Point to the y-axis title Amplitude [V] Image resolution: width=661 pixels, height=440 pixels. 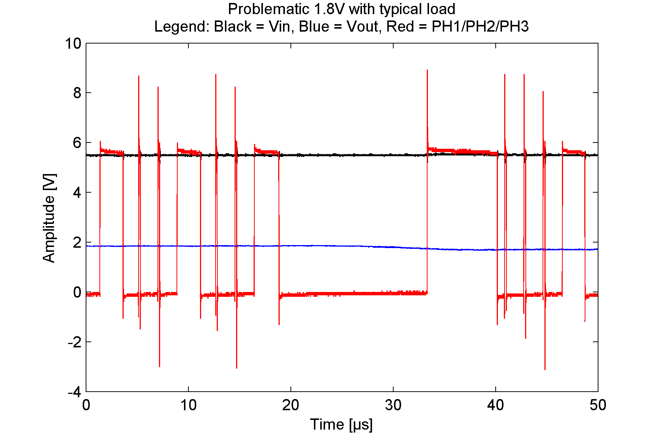click(x=49, y=218)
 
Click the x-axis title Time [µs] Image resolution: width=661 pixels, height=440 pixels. click(x=341, y=424)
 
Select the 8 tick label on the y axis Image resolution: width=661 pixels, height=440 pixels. click(x=77, y=93)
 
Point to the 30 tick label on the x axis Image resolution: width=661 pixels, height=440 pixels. click(x=393, y=405)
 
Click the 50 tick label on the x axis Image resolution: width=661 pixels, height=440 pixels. click(x=598, y=405)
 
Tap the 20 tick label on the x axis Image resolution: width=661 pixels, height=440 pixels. click(x=290, y=405)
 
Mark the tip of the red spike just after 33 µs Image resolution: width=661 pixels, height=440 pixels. click(x=427, y=70)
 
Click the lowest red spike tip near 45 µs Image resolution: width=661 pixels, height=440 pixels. click(x=545, y=369)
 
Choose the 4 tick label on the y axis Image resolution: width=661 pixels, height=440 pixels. click(x=77, y=193)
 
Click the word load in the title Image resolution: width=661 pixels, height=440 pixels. click(x=443, y=9)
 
